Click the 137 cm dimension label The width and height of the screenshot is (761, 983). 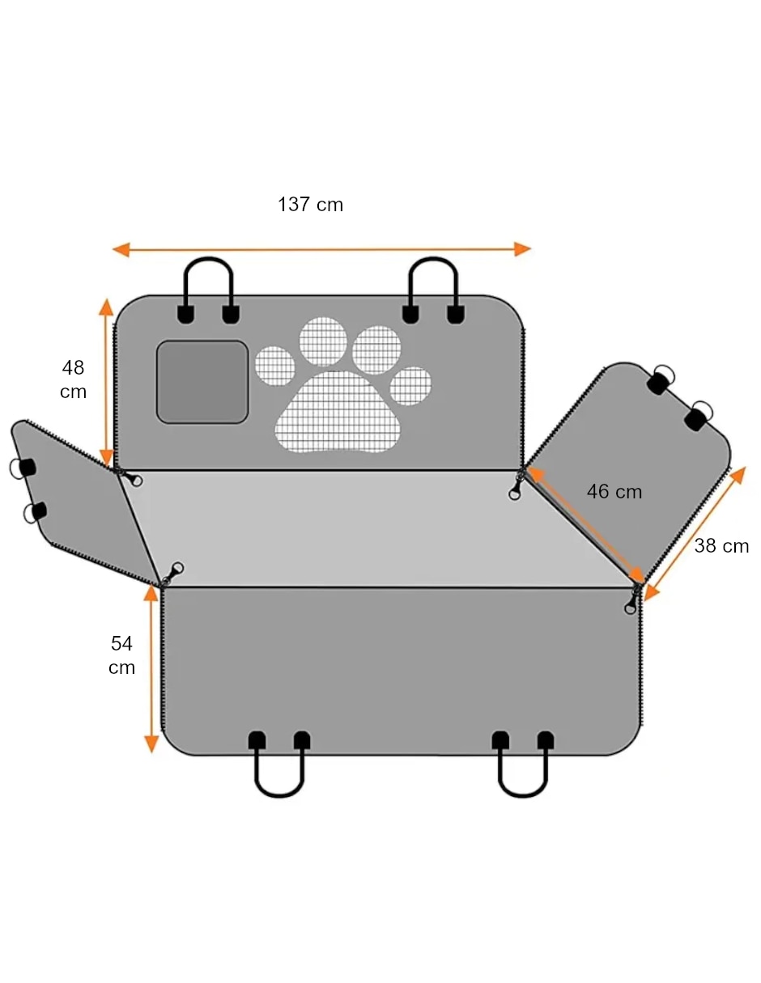310,205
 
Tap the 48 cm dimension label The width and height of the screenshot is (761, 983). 74,379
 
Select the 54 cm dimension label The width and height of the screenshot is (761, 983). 121,655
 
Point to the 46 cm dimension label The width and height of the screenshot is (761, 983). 614,492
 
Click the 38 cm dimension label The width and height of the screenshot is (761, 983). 721,546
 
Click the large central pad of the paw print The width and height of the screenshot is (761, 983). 338,411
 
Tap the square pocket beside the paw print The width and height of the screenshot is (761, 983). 202,382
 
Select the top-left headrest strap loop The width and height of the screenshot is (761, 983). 209,271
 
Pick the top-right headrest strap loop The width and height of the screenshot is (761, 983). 433,271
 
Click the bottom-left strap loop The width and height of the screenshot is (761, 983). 279,795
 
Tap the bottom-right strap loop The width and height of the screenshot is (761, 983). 522,795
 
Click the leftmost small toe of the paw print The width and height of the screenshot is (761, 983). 274,366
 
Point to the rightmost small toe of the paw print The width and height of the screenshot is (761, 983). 410,386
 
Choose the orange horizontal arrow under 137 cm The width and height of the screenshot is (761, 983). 321,249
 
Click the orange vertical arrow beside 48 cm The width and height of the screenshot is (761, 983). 106,383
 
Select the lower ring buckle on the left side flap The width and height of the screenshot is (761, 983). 34,512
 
